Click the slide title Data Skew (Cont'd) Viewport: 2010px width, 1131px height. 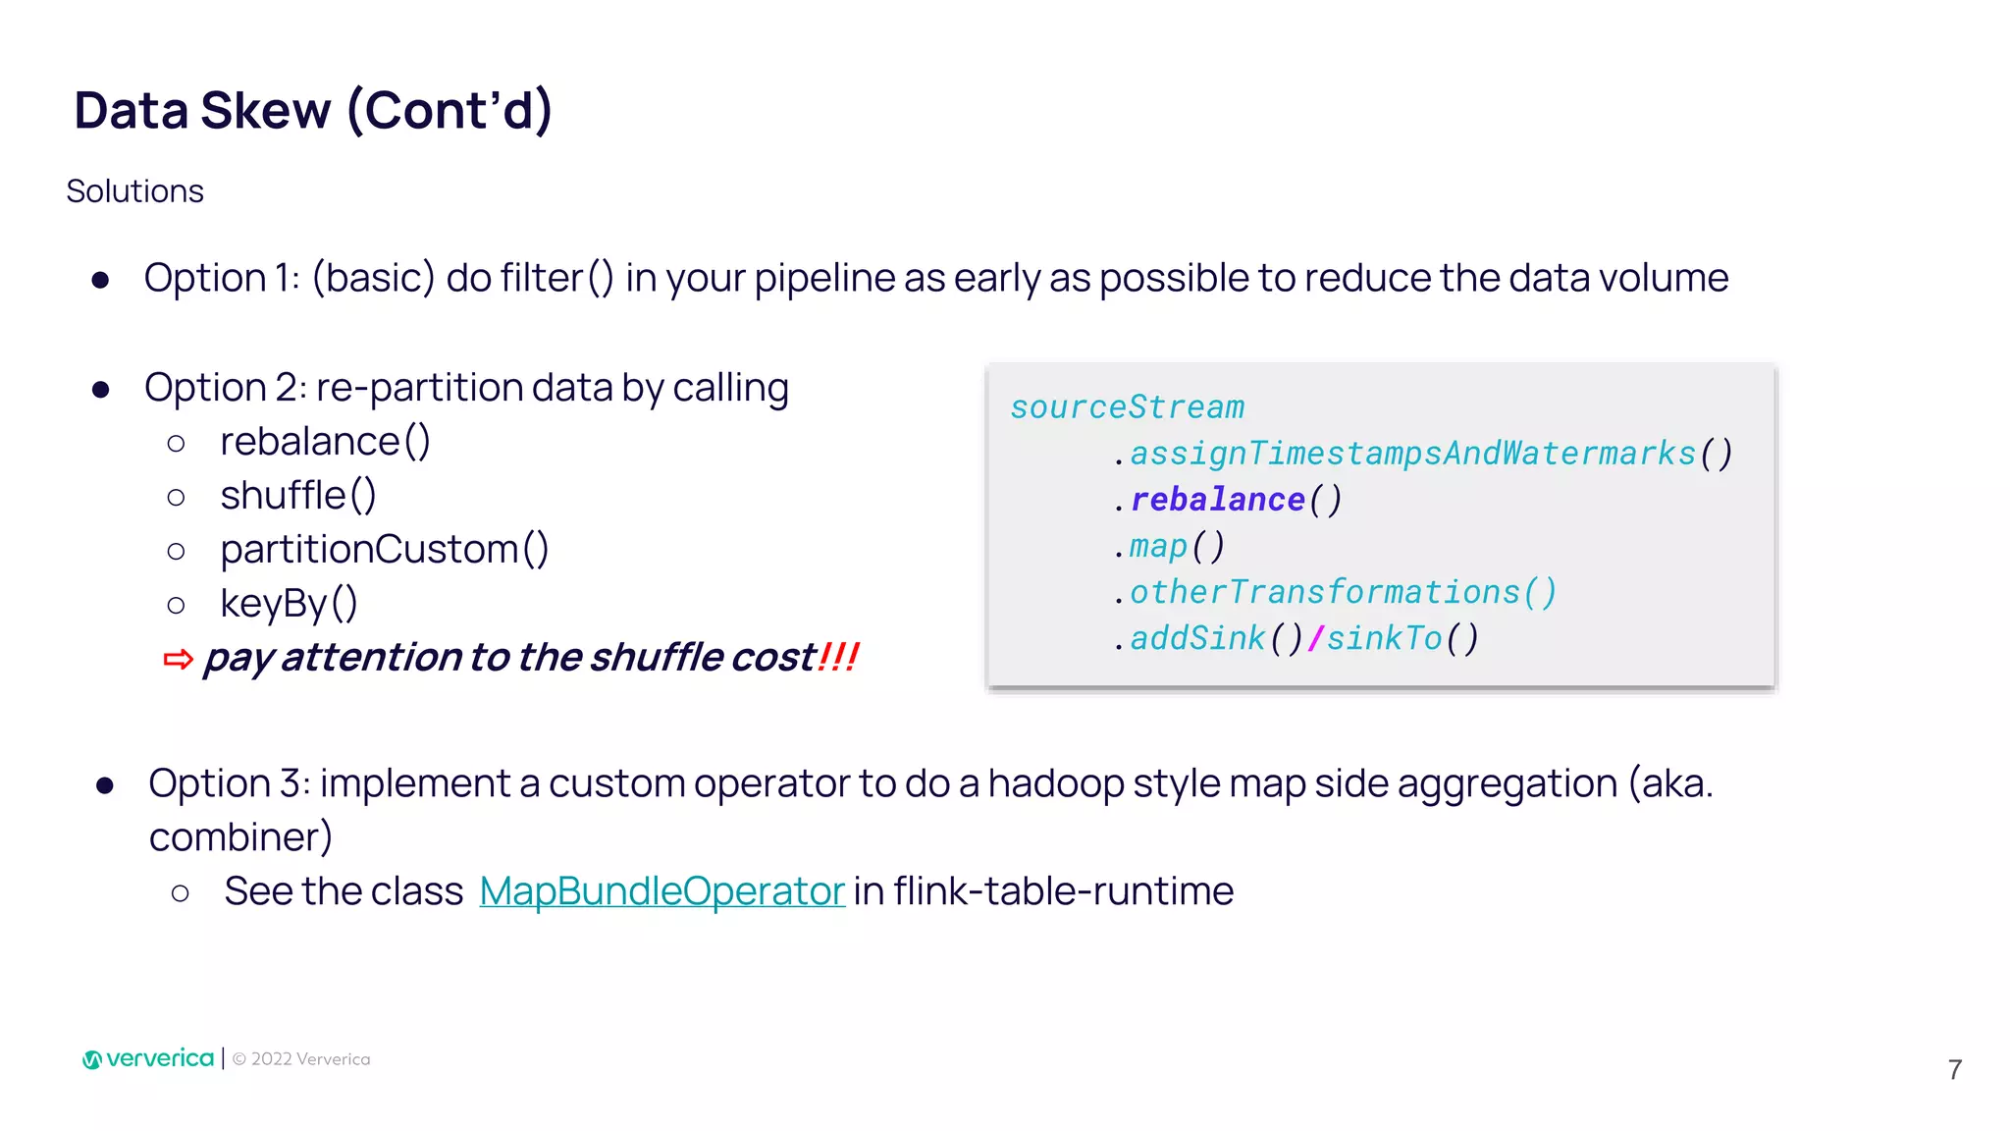[313, 110]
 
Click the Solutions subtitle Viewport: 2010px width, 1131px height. [135, 191]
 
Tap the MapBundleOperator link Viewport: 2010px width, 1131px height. [661, 891]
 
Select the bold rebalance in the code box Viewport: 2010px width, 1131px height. [1218, 500]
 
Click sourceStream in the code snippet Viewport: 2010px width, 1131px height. [1128, 407]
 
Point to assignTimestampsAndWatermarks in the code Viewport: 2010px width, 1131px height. [1413, 454]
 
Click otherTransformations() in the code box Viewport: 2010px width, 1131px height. [1343, 592]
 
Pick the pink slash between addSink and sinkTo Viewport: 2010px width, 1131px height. [1315, 638]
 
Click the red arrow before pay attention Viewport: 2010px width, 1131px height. [178, 659]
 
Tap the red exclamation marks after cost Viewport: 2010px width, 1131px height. [838, 657]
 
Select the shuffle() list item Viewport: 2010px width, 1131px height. [298, 496]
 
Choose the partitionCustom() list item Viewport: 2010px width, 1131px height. [384, 550]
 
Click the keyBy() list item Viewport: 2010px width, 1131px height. [289, 604]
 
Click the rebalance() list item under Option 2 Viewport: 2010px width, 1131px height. [325, 442]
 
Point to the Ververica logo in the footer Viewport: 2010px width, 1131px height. [148, 1058]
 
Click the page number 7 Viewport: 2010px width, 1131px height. [1955, 1069]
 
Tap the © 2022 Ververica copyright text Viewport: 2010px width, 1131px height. [301, 1059]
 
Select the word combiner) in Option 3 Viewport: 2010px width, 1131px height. [240, 837]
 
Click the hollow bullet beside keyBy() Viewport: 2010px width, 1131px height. [177, 605]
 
